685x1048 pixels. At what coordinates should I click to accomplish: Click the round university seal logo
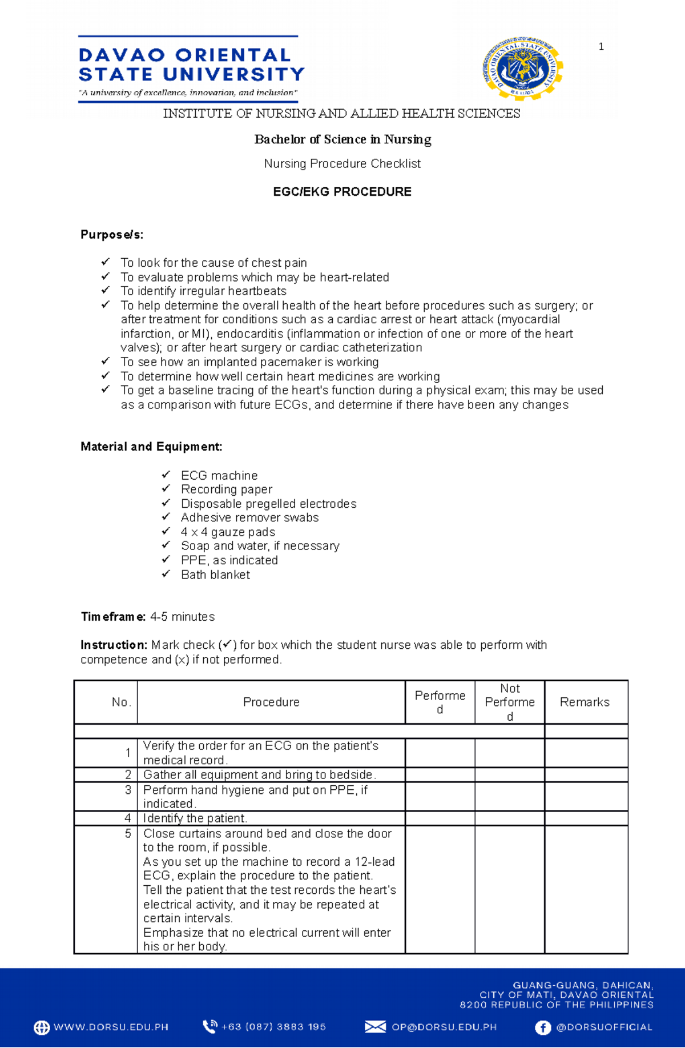click(522, 69)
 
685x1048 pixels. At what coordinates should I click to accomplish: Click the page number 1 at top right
click(601, 47)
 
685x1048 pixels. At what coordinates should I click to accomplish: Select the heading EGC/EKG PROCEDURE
click(342, 192)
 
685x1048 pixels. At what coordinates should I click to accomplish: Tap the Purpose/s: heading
click(112, 235)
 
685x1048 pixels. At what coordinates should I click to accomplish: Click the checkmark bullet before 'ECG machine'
click(166, 475)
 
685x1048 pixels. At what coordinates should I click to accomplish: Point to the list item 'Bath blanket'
click(215, 575)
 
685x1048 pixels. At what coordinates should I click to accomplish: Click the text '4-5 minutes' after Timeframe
click(182, 617)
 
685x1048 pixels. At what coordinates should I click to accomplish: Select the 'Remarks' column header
click(585, 702)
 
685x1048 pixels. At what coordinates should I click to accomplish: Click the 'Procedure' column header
click(271, 702)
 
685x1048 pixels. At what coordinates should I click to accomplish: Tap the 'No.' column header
click(122, 702)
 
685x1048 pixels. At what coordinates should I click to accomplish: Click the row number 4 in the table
click(128, 818)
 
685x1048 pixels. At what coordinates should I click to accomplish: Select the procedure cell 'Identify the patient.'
click(195, 818)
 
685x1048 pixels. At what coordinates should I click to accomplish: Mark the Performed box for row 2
click(440, 774)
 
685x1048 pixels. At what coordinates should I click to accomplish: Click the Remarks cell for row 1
click(586, 753)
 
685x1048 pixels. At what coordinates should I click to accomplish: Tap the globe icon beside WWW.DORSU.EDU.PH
click(42, 1027)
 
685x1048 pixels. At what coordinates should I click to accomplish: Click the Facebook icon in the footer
click(542, 1027)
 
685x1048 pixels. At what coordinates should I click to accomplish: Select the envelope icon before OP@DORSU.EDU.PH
click(375, 1027)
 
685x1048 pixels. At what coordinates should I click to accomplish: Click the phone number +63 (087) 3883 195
click(273, 1027)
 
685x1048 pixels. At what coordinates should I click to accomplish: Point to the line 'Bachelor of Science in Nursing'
click(342, 139)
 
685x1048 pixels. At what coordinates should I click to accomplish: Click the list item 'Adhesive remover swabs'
click(249, 517)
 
